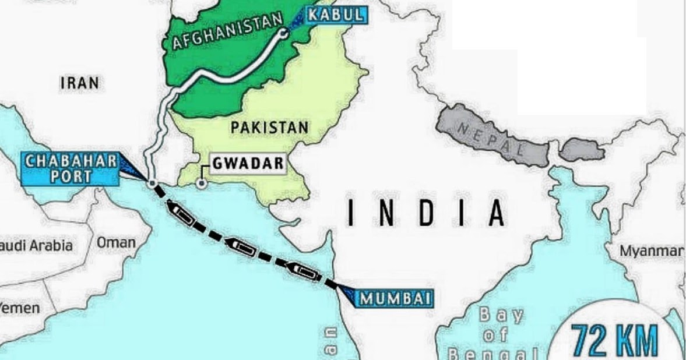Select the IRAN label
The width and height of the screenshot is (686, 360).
80,83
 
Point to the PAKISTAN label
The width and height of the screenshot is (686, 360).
269,128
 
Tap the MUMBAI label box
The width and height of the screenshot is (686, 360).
395,299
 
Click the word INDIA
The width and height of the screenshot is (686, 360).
425,213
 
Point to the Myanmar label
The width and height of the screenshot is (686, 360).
651,252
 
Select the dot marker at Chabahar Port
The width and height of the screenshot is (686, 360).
152,184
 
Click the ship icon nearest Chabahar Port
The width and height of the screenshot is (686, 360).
181,213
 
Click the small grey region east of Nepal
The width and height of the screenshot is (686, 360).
582,149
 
